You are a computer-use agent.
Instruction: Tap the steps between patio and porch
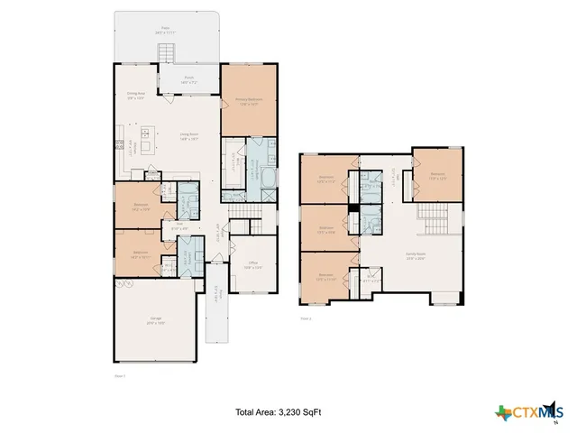tap(166, 54)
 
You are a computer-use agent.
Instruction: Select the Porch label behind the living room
tap(189, 78)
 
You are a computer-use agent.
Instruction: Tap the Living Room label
tap(188, 137)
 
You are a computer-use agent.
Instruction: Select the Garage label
tap(156, 321)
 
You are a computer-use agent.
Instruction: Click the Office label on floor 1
tap(254, 265)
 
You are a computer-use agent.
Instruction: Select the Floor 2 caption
tap(306, 318)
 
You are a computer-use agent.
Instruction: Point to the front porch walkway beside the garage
tap(216, 317)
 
